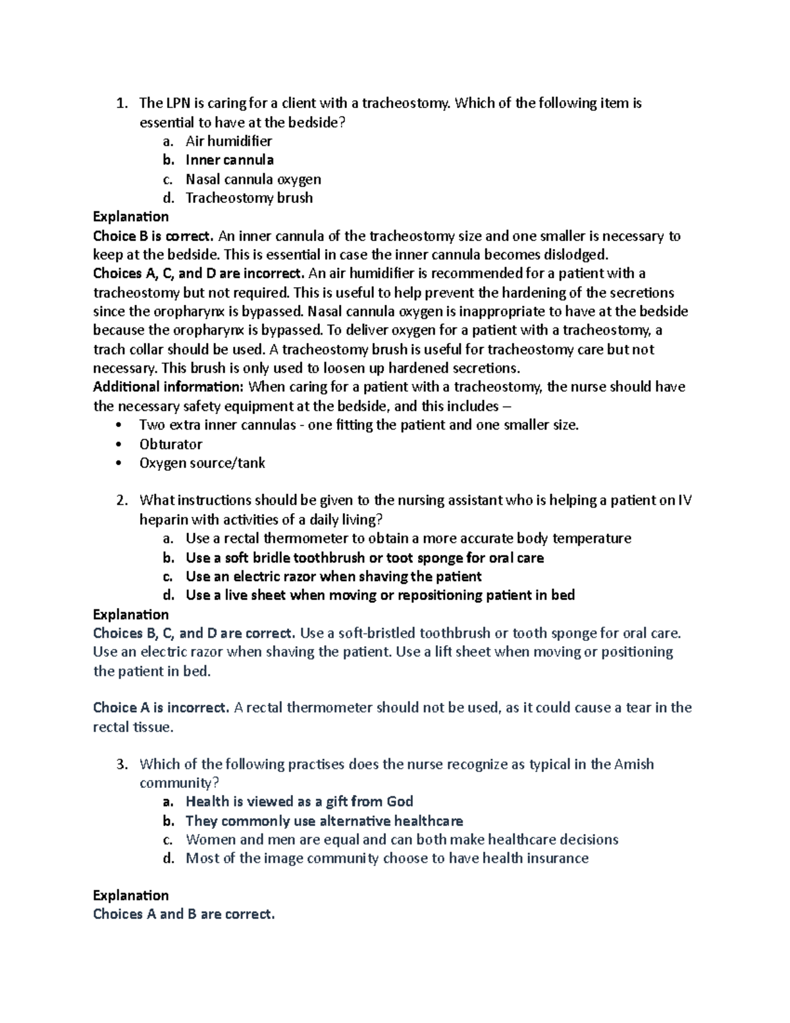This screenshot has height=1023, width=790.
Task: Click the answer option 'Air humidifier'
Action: click(228, 141)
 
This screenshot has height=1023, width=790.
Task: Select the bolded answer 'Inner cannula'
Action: click(229, 160)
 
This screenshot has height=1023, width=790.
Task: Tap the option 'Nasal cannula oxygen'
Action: click(253, 179)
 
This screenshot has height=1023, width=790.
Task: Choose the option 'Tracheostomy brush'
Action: click(249, 198)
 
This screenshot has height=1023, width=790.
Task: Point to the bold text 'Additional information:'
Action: click(168, 387)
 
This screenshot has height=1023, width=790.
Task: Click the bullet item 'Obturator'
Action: click(171, 444)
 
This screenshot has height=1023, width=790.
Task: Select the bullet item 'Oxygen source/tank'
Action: click(201, 463)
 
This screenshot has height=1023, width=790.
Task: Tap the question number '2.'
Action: click(122, 501)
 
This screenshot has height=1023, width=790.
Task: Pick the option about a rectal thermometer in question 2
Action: click(408, 539)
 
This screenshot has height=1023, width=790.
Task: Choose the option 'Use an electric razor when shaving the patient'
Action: click(333, 577)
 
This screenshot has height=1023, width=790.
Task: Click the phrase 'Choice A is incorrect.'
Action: click(161, 708)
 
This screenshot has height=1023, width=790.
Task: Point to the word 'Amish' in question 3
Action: click(633, 765)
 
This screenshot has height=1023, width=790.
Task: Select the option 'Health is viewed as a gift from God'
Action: click(299, 802)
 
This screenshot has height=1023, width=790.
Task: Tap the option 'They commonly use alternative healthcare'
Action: click(324, 821)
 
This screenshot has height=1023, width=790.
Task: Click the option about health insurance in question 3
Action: click(386, 858)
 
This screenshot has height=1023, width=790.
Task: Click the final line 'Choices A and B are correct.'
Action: click(184, 914)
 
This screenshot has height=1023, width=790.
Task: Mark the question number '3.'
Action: click(122, 765)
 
